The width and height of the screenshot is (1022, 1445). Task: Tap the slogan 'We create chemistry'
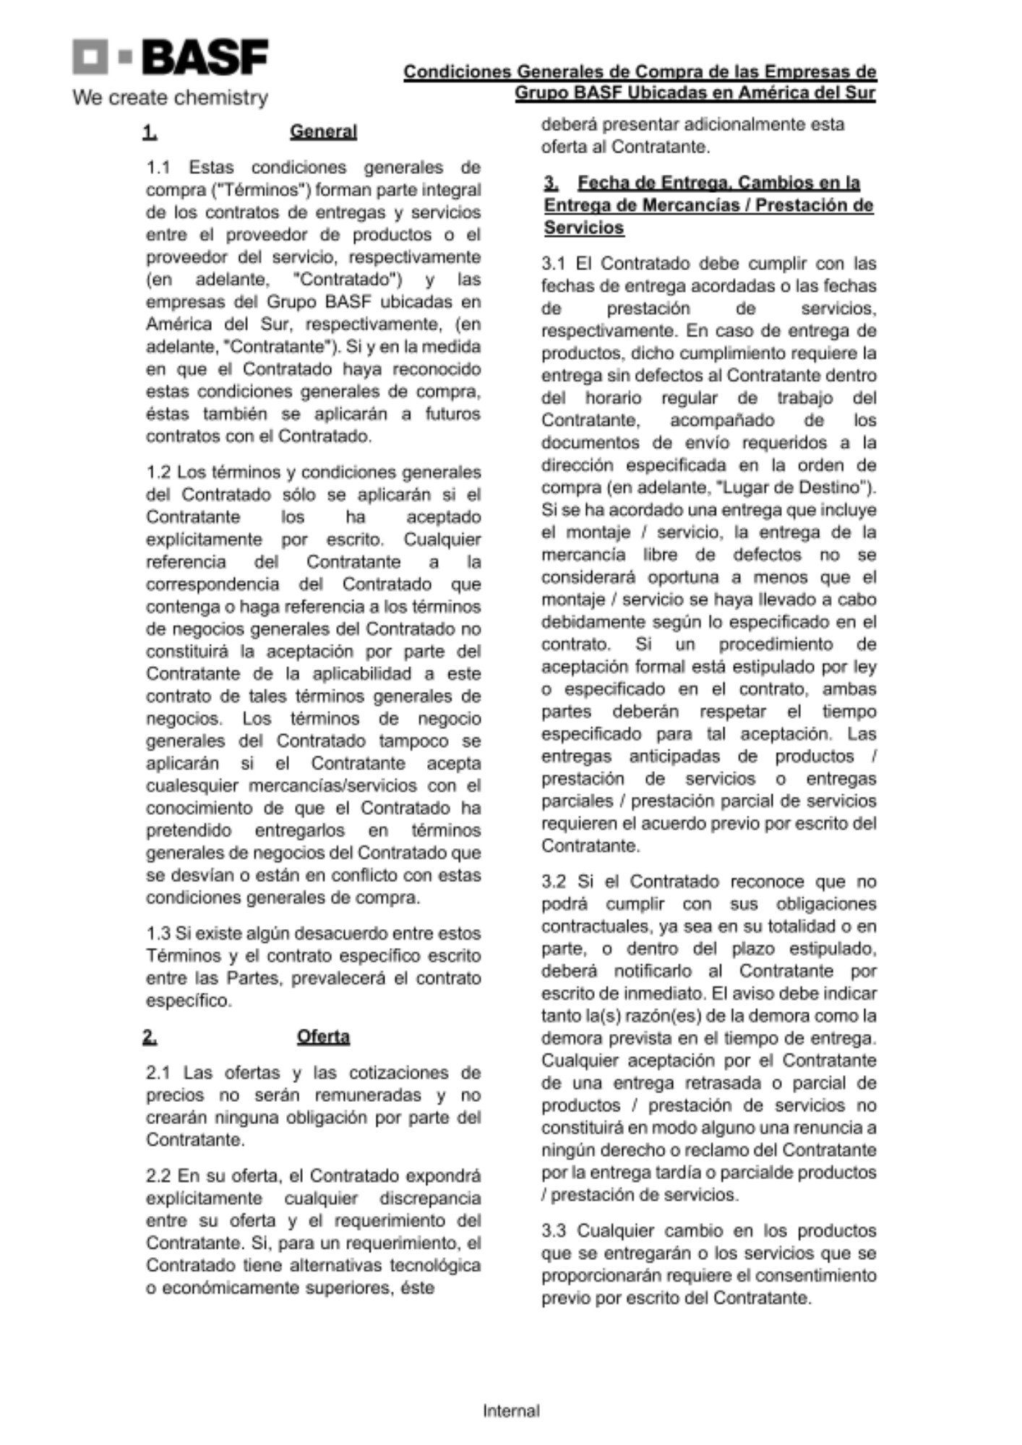tap(170, 97)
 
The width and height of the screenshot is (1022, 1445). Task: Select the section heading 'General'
tap(323, 131)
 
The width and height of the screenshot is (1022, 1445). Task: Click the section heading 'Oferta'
tap(323, 1037)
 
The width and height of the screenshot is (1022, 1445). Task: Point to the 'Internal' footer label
tap(511, 1410)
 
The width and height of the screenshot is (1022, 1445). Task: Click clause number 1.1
tap(158, 168)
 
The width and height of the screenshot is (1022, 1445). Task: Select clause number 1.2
tap(158, 473)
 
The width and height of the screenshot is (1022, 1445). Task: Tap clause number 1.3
tap(158, 933)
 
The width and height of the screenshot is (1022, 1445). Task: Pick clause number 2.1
tap(158, 1072)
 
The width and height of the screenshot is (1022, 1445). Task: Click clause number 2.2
tap(158, 1176)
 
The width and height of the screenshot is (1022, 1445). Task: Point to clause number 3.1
tap(554, 263)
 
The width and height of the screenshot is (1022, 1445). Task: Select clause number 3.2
tap(554, 881)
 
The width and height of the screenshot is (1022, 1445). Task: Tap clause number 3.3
tap(554, 1230)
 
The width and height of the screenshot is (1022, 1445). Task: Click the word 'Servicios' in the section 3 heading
tap(584, 228)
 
